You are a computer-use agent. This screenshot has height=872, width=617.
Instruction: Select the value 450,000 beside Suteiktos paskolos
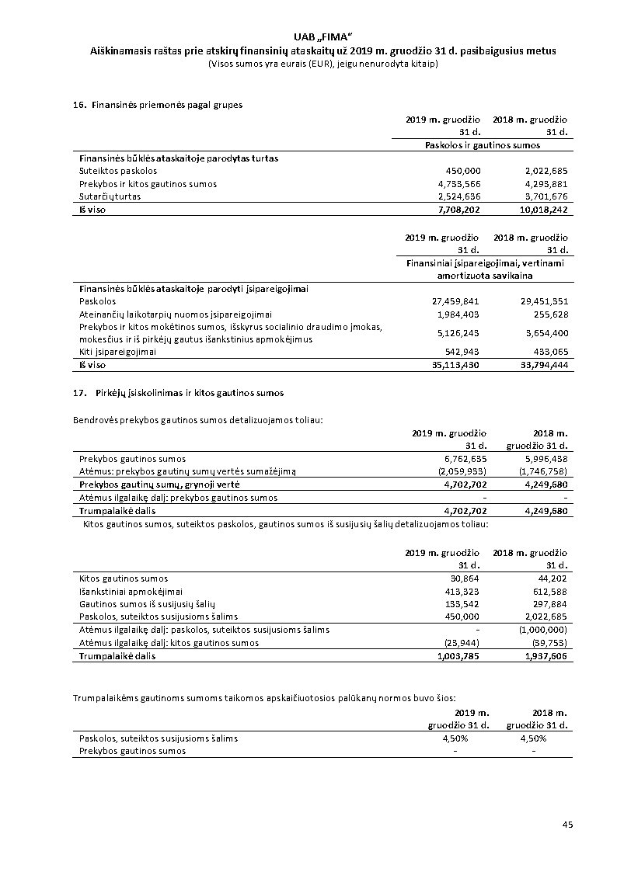coord(463,171)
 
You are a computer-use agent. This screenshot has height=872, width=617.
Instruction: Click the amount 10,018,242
coord(544,210)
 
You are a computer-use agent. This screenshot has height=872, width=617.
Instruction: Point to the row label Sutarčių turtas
coord(110,197)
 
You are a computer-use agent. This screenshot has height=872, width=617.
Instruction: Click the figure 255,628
coord(548,314)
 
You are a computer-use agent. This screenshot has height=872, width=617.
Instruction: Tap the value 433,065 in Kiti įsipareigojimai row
coord(548,352)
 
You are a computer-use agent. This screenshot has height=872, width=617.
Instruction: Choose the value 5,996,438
coord(547,459)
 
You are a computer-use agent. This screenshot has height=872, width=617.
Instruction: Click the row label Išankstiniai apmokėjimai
coord(127,592)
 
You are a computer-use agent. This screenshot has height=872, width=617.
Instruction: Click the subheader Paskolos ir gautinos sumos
coord(483,145)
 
